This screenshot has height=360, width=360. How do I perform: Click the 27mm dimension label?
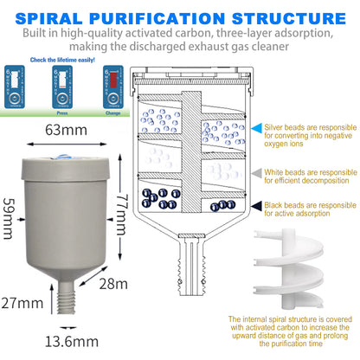[22, 303]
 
